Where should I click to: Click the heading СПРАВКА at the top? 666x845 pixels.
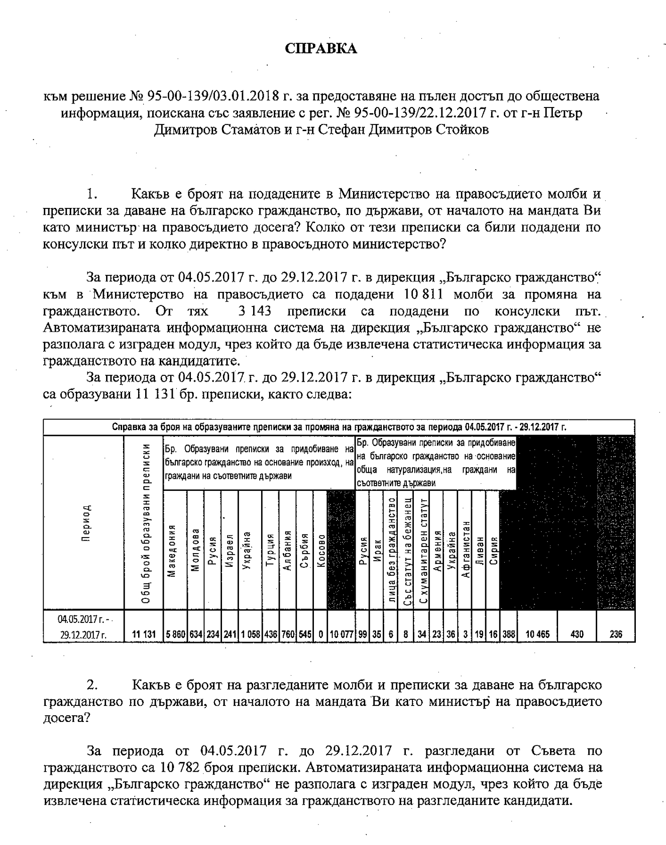click(321, 48)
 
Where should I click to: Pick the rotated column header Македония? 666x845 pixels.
click(173, 550)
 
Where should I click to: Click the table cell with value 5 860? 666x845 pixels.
click(175, 634)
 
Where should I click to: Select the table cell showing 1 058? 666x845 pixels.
click(250, 634)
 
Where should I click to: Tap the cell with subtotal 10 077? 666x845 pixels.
click(341, 634)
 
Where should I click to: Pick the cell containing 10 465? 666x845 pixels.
click(537, 634)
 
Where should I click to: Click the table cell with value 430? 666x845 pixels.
click(577, 634)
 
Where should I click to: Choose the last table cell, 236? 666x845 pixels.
click(616, 634)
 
